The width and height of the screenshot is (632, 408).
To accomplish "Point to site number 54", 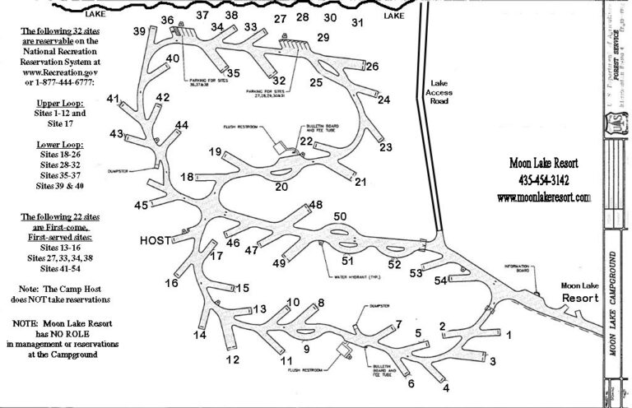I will pyautogui.click(x=442, y=282).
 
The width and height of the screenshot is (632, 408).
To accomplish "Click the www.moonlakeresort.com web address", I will pyautogui.click(x=545, y=197).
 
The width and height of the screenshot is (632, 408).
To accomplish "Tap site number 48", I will pyautogui.click(x=315, y=205).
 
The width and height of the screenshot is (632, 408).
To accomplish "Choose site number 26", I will pyautogui.click(x=372, y=66).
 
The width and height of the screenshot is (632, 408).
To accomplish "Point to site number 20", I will pyautogui.click(x=281, y=187).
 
